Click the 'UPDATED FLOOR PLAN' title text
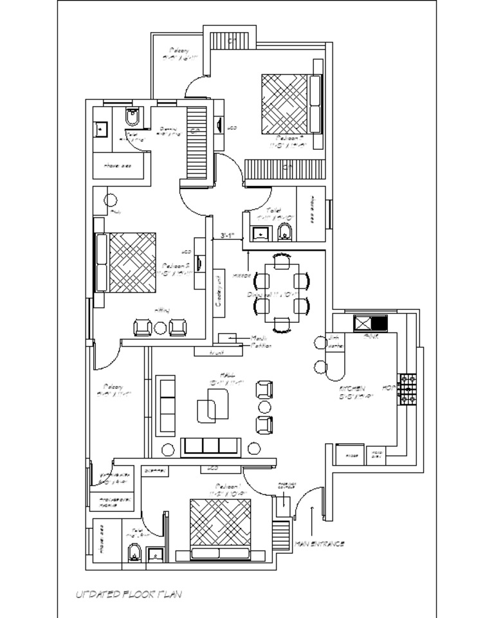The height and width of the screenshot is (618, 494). click(129, 595)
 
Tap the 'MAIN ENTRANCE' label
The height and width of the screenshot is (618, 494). click(319, 544)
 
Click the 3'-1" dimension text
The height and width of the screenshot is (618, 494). click(226, 236)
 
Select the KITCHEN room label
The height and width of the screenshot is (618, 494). click(352, 390)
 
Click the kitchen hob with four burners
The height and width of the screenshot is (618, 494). click(408, 390)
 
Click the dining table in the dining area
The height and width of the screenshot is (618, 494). click(282, 293)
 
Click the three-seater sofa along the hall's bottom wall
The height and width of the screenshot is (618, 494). click(210, 446)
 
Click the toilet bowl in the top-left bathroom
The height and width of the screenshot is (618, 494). click(132, 118)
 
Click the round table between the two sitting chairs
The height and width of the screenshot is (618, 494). click(160, 328)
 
